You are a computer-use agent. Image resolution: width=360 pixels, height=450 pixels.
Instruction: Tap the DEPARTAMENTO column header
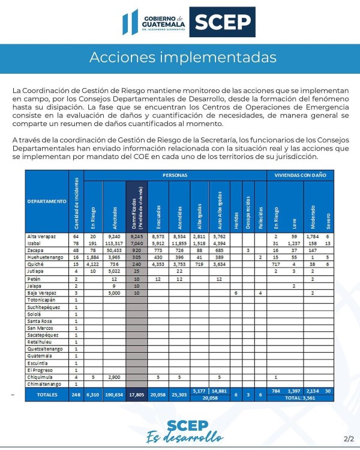pos(47,201)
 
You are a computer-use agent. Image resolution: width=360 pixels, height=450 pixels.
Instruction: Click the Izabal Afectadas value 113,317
pos(113,244)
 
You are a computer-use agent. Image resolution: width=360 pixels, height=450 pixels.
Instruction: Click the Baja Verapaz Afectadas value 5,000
pos(115,293)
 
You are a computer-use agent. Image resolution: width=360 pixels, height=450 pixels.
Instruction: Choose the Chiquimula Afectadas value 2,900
pos(115,376)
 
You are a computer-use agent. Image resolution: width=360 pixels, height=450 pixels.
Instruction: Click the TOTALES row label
pos(47,394)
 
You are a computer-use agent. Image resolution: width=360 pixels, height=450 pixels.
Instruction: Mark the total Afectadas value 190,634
pos(114,394)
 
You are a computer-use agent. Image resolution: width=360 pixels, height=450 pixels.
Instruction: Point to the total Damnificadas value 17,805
pos(136,394)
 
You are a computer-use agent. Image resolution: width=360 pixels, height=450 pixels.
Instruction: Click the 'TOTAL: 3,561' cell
pos(299,397)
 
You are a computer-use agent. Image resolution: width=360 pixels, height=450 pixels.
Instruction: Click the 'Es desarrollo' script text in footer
pos(180,437)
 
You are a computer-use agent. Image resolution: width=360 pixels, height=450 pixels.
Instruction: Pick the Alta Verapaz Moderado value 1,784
pos(314,237)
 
